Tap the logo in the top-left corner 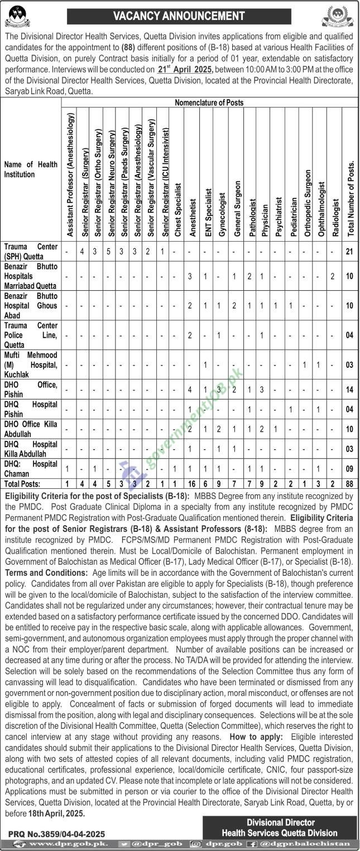pos(18,16)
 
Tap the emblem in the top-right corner pos(337,16)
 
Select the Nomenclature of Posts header pos(209,103)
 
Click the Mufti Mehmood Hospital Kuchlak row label pos(31,364)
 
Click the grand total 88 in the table pos(350,484)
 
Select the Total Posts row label pos(21,484)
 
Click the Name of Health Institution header pos(31,169)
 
